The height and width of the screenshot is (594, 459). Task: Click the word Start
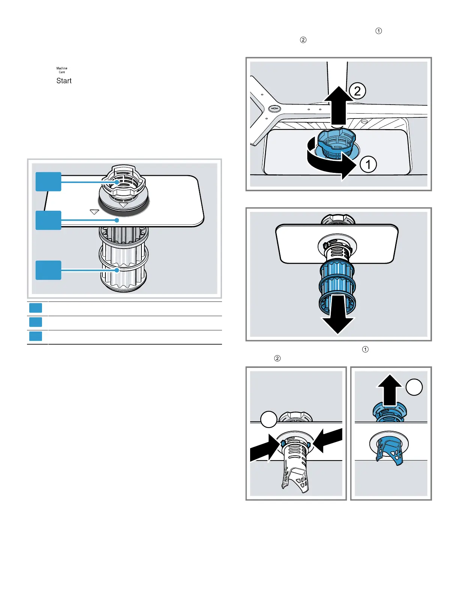click(64, 81)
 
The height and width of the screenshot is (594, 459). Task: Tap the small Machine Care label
click(62, 70)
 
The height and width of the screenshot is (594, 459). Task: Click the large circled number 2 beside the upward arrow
click(357, 91)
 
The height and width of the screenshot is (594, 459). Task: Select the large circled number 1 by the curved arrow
click(368, 164)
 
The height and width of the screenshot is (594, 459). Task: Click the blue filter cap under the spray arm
click(336, 144)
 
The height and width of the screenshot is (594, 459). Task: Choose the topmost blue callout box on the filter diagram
click(48, 181)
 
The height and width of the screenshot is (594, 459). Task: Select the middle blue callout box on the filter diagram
click(48, 220)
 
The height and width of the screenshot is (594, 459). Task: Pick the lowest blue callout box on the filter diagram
click(48, 270)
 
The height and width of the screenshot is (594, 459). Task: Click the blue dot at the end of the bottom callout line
click(117, 270)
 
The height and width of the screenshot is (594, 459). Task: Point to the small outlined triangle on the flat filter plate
click(94, 212)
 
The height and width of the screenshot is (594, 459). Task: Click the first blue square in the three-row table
click(36, 308)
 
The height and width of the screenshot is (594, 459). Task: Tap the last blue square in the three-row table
click(36, 336)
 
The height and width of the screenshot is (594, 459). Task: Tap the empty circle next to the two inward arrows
click(268, 419)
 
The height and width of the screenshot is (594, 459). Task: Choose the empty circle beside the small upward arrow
click(414, 387)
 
